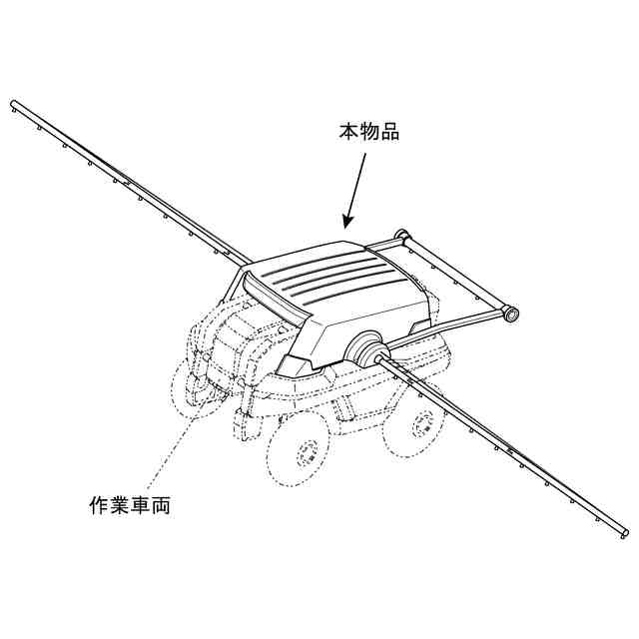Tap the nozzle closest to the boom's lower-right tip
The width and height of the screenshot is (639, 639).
(x=596, y=522)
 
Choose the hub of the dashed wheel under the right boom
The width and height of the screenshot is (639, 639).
(x=426, y=423)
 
